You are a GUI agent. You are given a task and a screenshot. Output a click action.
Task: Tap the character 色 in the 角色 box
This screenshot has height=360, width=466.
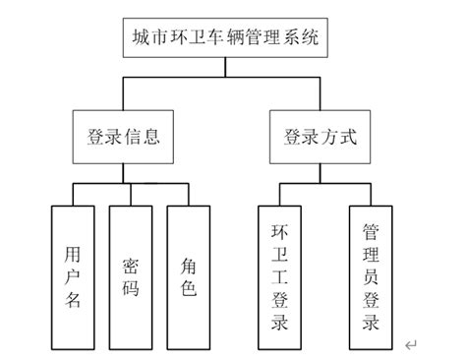tap(189, 289)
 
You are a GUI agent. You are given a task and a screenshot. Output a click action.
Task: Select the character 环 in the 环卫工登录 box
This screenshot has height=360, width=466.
tap(279, 232)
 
